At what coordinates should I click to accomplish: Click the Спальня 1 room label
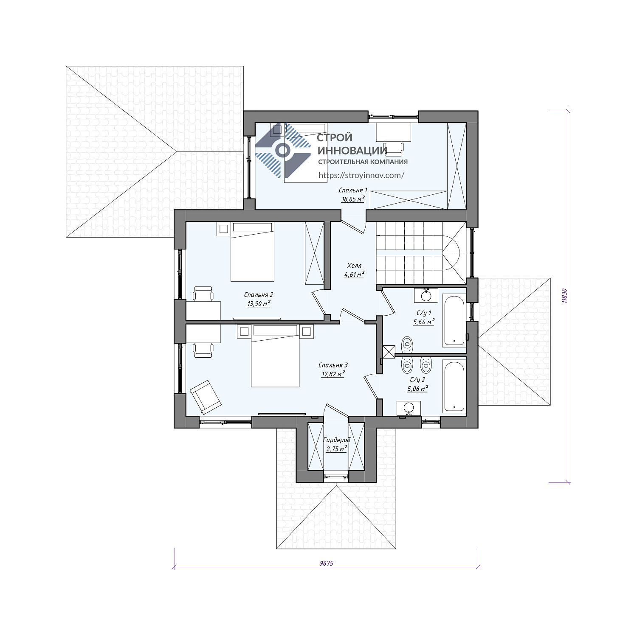353,190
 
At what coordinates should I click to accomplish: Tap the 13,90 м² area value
259,303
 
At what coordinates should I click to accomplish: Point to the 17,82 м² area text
333,374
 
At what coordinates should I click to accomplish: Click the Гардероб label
337,440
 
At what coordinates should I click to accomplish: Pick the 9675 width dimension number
326,563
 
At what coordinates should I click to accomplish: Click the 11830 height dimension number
564,296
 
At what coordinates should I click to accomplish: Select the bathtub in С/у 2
454,386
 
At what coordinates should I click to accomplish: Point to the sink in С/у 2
409,408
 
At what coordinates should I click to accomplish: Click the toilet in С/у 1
408,344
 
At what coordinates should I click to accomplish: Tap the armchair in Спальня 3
205,397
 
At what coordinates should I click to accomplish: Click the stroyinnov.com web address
361,175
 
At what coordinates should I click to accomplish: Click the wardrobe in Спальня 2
314,253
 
